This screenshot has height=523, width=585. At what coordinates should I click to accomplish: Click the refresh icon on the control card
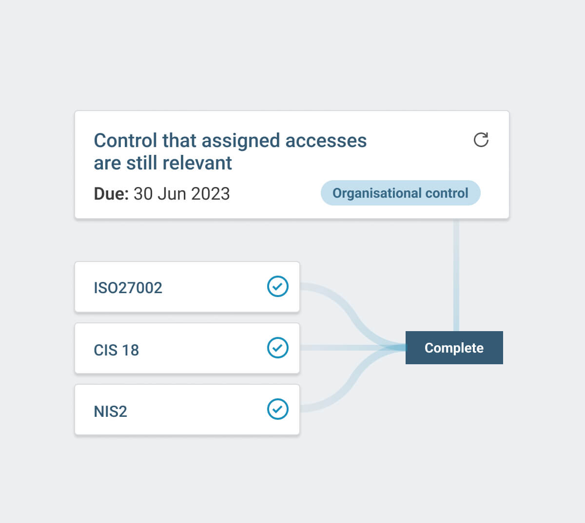tap(481, 140)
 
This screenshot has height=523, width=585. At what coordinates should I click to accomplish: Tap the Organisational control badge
tap(400, 193)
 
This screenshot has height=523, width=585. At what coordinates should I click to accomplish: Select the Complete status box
tap(454, 348)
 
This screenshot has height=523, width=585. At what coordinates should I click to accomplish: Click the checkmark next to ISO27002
tap(278, 286)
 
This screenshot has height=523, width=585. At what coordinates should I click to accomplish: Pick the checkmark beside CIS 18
tap(278, 348)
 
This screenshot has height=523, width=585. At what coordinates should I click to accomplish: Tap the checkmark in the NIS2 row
tap(278, 409)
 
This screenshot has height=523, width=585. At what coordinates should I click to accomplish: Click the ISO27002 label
tap(128, 288)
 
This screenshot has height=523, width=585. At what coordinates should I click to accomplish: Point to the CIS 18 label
tap(116, 350)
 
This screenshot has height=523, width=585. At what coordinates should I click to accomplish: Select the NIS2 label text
tap(110, 411)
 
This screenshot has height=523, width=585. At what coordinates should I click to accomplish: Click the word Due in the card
tap(111, 194)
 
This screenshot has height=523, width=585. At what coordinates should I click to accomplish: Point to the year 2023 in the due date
tap(210, 194)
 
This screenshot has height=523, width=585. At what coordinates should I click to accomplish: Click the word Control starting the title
tap(125, 141)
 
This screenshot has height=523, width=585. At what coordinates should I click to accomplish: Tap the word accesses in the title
tap(326, 141)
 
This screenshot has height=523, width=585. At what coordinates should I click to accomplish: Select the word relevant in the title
tap(197, 163)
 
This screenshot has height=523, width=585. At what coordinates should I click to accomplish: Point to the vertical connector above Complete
tap(456, 275)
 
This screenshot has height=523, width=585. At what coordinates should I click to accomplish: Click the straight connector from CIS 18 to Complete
tap(351, 348)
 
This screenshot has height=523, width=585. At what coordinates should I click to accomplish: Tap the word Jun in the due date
tap(172, 194)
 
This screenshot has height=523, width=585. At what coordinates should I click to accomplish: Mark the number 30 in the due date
tap(143, 194)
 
